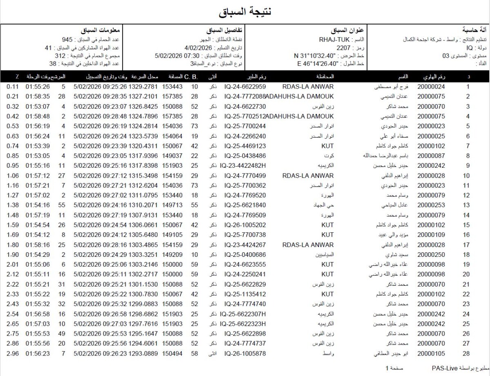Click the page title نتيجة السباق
click(245, 12)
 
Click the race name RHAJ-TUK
click(334, 40)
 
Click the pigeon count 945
click(67, 40)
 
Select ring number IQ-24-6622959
click(245, 87)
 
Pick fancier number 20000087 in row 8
click(431, 156)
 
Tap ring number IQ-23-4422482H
click(243, 165)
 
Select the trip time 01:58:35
click(38, 97)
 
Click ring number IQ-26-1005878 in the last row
click(245, 354)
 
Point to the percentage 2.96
click(13, 354)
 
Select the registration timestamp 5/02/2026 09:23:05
click(100, 156)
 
